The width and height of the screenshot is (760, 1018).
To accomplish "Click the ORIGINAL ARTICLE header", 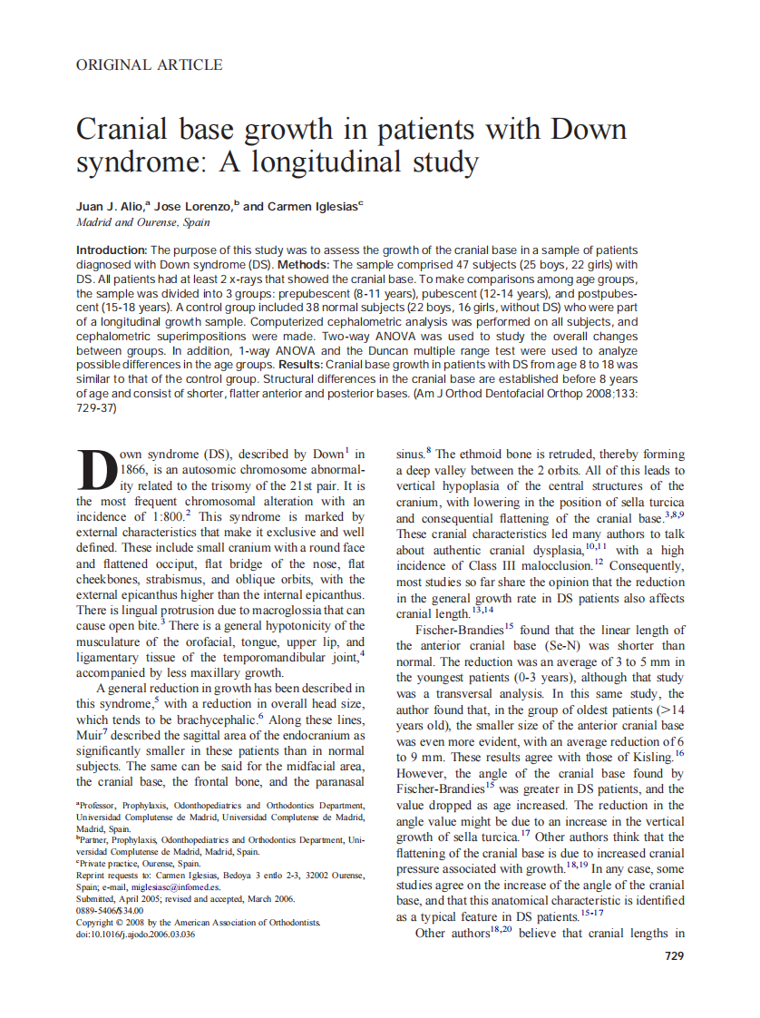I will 150,64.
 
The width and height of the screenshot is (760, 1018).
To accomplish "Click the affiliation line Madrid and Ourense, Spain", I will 143,222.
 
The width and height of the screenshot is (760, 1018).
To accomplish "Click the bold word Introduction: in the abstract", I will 112,250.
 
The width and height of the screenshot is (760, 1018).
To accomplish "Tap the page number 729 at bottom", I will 674,955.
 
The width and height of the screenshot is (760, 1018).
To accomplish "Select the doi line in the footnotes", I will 136,934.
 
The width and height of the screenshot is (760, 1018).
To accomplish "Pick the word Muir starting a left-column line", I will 91,734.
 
